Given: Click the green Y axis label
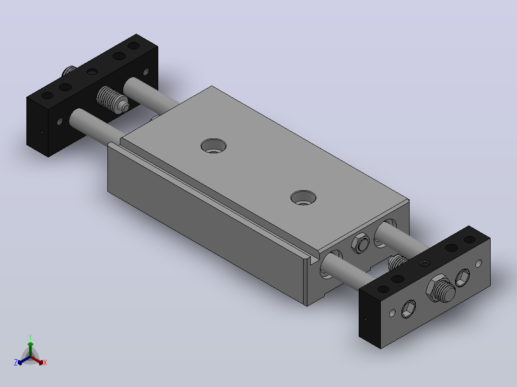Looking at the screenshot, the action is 30,337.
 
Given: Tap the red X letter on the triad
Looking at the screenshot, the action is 45,363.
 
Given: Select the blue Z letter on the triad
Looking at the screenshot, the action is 16,362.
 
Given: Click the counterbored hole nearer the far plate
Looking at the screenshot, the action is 214,146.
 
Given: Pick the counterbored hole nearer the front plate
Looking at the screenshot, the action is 303,197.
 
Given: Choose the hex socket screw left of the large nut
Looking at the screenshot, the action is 409,309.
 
